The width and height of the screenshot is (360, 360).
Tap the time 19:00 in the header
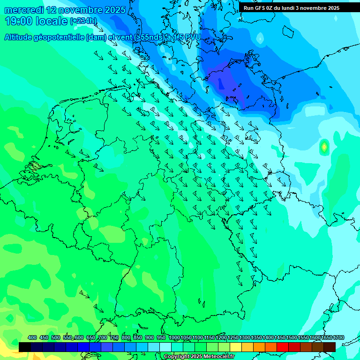[19, 21]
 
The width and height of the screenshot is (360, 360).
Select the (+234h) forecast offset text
[83, 21]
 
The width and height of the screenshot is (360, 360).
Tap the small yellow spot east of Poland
[323, 147]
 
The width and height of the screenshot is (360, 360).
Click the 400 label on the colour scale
[32, 338]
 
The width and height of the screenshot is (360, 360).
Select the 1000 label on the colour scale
[174, 338]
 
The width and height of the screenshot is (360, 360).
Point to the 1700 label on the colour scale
[339, 338]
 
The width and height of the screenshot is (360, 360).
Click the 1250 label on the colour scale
[233, 338]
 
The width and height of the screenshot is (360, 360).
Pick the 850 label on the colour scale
[138, 338]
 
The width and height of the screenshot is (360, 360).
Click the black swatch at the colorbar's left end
[25, 347]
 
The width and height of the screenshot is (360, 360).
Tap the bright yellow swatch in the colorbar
[236, 347]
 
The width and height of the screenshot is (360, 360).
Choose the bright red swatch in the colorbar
[283, 347]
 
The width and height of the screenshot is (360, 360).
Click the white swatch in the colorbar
[165, 347]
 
